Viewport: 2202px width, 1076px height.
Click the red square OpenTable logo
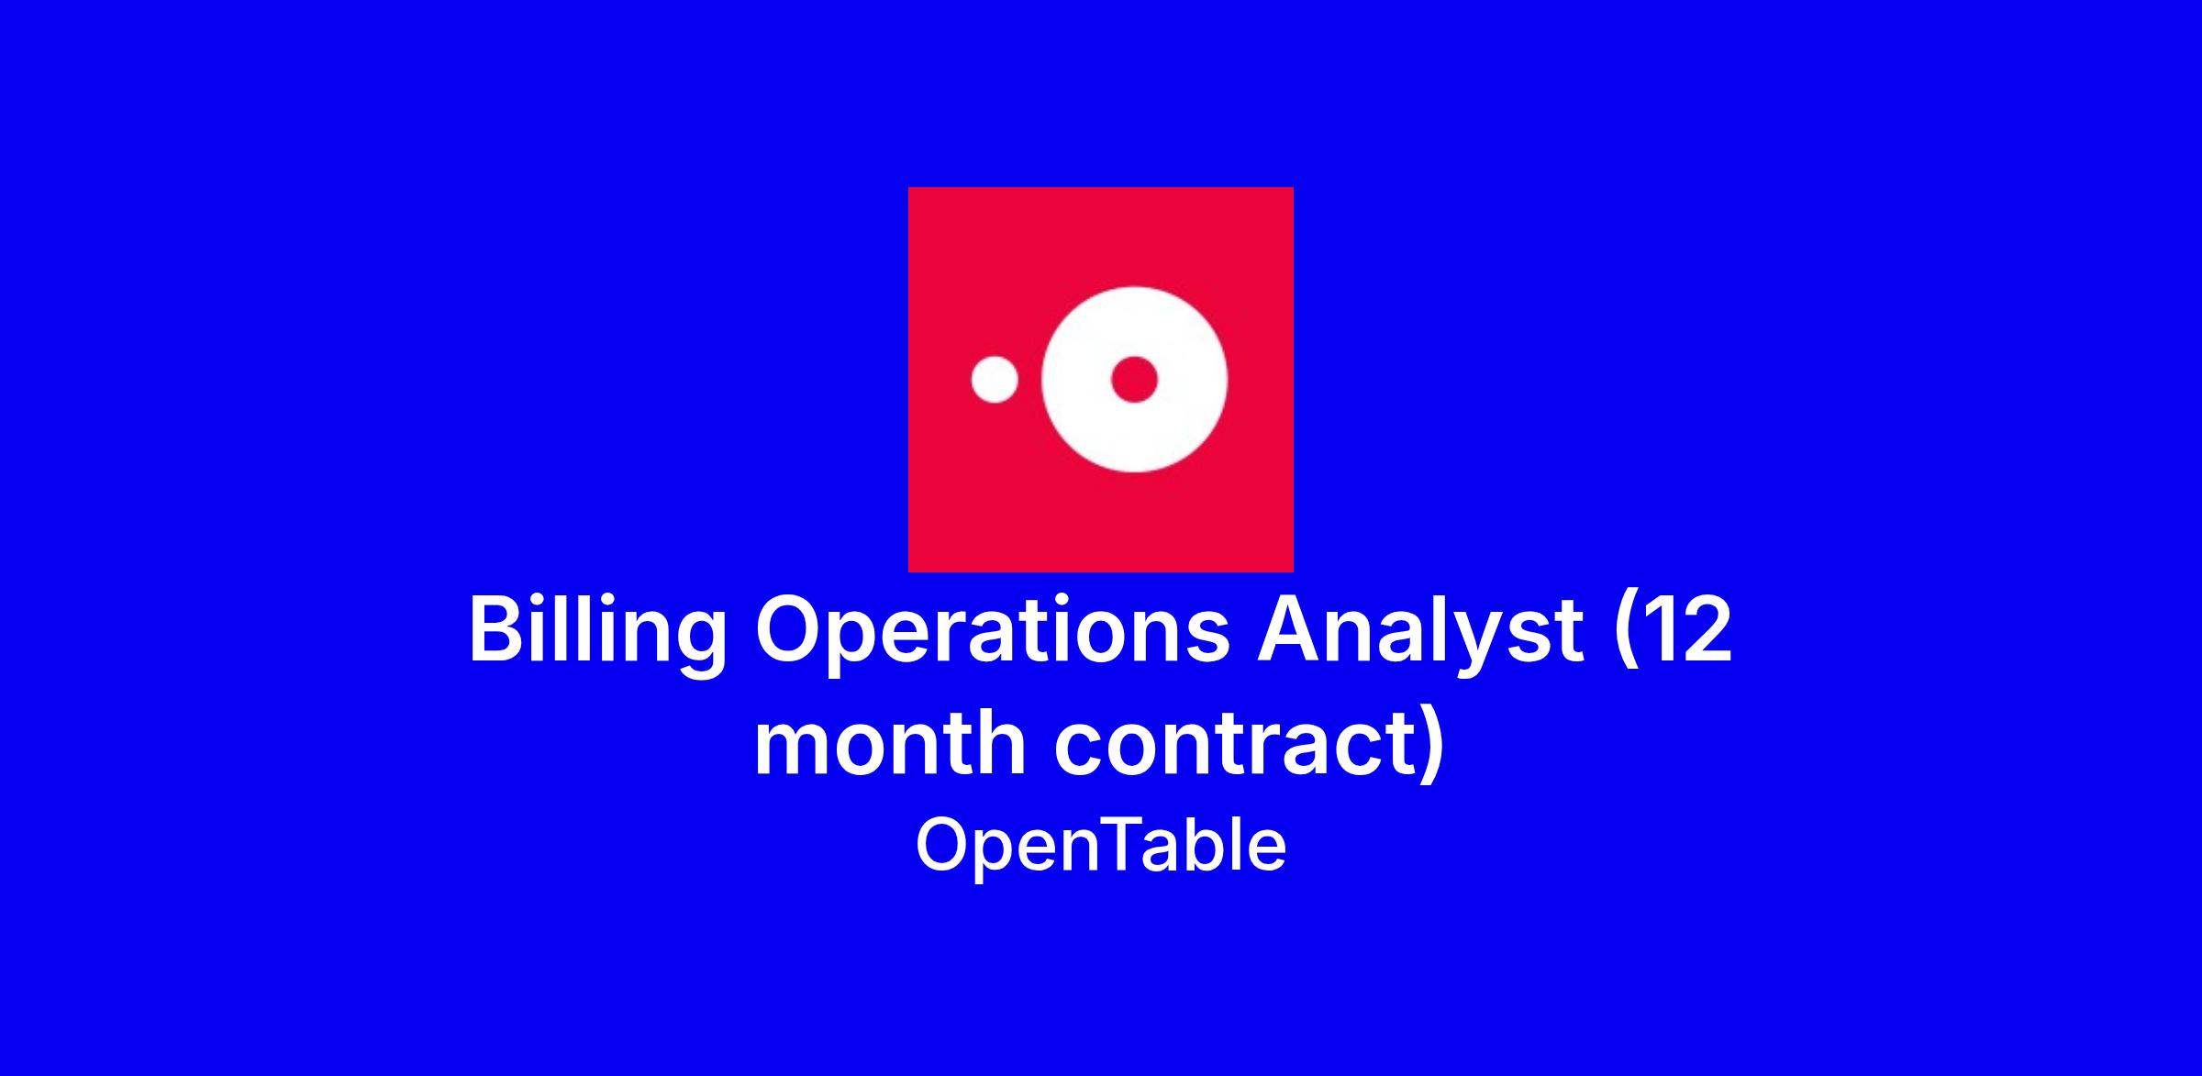[x=1101, y=380]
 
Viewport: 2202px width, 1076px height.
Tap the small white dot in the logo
[x=995, y=380]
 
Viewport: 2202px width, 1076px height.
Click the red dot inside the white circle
[x=1134, y=379]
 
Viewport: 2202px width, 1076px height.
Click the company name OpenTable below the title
[x=1101, y=846]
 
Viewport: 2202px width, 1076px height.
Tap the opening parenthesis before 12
[x=1625, y=635]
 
